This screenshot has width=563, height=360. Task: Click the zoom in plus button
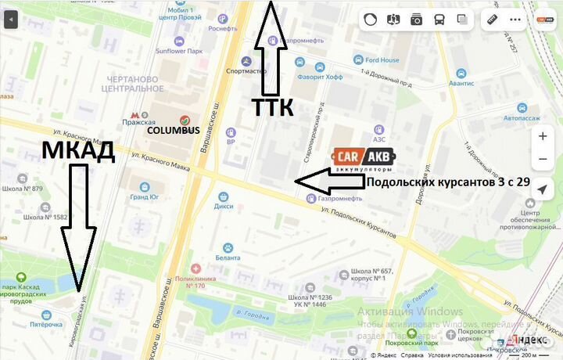pyautogui.click(x=543, y=135)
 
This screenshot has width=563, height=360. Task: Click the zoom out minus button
pyautogui.click(x=543, y=160)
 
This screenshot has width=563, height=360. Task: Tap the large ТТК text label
pyautogui.click(x=272, y=108)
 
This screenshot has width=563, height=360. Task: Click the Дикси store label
pyautogui.click(x=224, y=207)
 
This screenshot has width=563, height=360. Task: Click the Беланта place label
pyautogui.click(x=228, y=257)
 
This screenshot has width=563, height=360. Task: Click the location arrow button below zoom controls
pyautogui.click(x=543, y=190)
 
